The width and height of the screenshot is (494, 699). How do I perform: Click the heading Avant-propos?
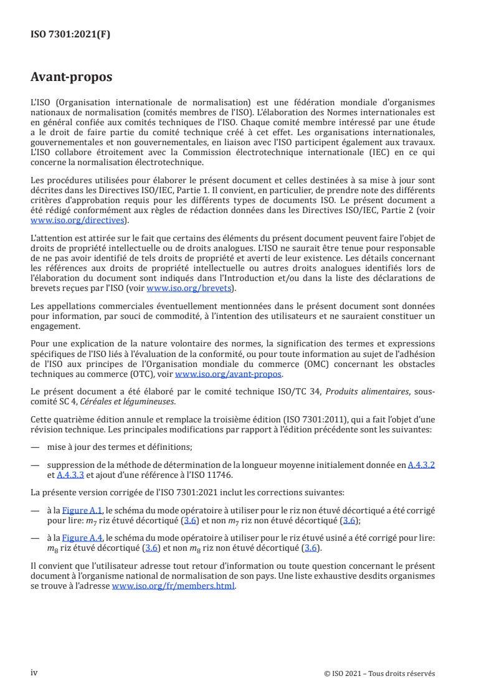click(71, 77)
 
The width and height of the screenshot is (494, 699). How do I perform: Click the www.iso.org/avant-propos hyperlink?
click(229, 374)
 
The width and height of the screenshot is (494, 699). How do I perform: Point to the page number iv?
click(34, 673)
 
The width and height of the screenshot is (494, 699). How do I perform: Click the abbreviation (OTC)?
click(158, 374)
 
